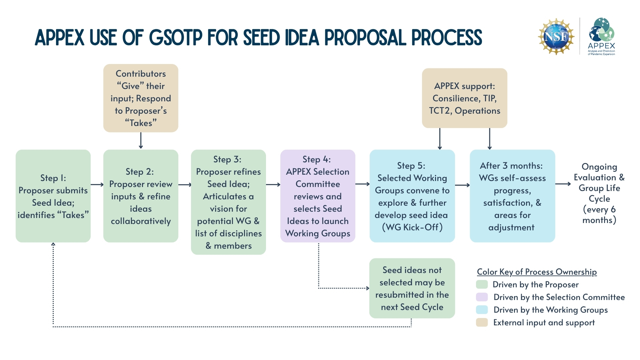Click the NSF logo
tap(556, 36)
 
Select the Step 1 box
tap(53, 196)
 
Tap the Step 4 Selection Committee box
tap(318, 196)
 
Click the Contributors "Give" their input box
tap(141, 98)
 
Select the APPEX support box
tap(465, 98)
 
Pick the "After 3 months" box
tap(512, 196)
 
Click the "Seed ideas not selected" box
tap(412, 288)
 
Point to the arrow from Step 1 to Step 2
tap(97, 184)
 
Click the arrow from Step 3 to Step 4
tap(273, 184)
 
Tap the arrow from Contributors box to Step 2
tap(141, 140)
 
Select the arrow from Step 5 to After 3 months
tap(462, 185)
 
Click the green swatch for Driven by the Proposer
tap(482, 284)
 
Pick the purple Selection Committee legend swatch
tap(482, 297)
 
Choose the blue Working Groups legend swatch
tap(482, 310)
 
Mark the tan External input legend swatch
tap(482, 322)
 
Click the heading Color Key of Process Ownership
tap(537, 272)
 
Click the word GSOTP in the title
tap(175, 37)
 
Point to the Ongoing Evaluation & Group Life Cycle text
tap(599, 193)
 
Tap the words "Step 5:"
tap(411, 166)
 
